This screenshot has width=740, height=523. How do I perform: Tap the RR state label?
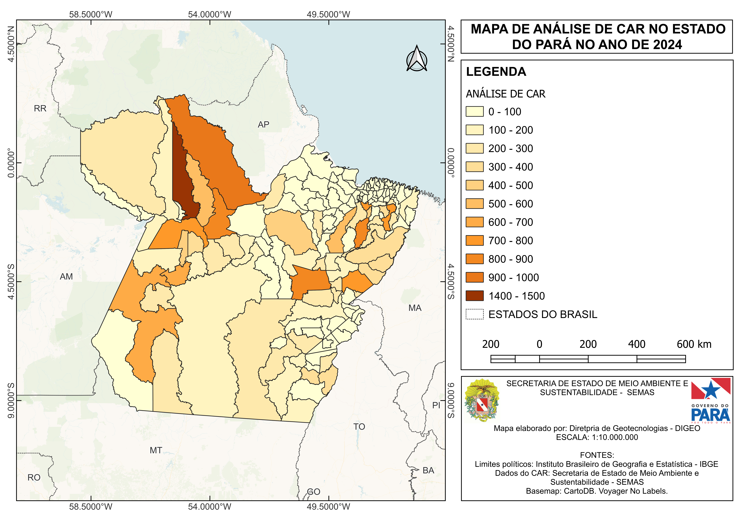[x=40, y=109]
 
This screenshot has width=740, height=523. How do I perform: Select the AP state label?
[x=263, y=125]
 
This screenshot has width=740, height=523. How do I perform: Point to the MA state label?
[x=415, y=308]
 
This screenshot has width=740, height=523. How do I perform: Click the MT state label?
[x=156, y=450]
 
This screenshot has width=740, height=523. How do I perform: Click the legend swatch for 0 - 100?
[x=474, y=111]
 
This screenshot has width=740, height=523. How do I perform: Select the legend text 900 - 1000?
[x=513, y=277]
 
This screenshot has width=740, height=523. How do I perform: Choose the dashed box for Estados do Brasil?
[x=474, y=314]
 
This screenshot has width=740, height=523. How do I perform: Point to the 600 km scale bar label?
[x=694, y=344]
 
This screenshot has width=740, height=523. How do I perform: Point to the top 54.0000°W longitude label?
[x=209, y=15]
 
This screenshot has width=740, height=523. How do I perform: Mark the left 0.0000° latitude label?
[x=11, y=163]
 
